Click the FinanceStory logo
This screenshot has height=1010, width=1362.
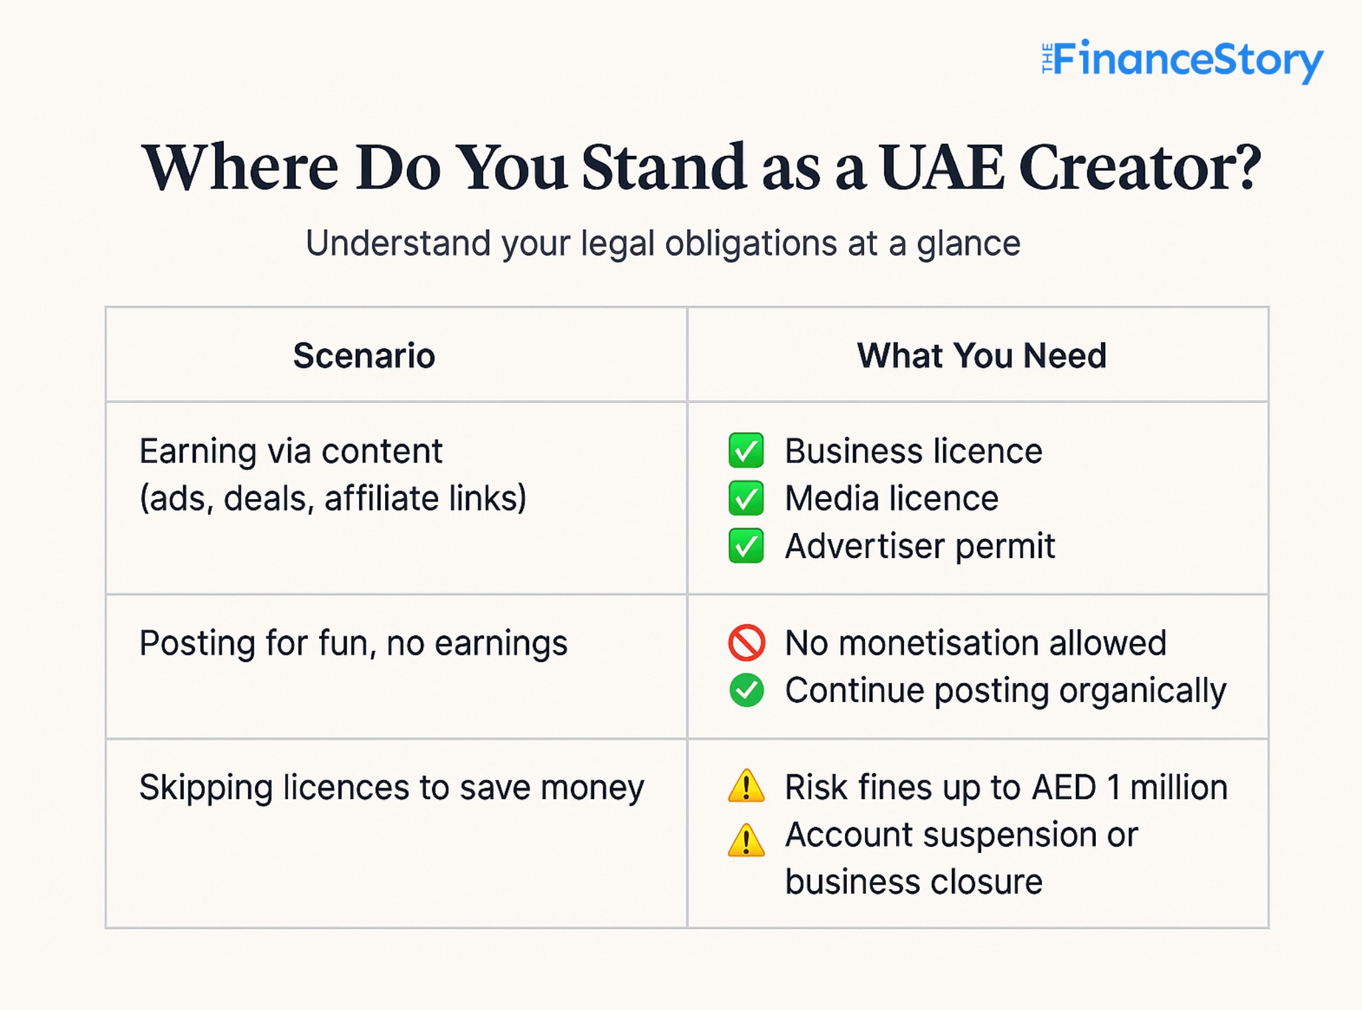pyautogui.click(x=1182, y=61)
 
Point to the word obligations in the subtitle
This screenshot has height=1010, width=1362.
pyautogui.click(x=751, y=244)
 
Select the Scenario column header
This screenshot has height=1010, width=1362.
pyautogui.click(x=364, y=355)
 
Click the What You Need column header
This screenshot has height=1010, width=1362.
pyautogui.click(x=982, y=355)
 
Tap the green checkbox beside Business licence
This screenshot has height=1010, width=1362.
pyautogui.click(x=746, y=451)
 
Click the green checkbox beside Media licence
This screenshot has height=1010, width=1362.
pyautogui.click(x=746, y=498)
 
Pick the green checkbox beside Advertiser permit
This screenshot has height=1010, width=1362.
pyautogui.click(x=746, y=545)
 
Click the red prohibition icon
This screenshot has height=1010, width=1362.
pyautogui.click(x=747, y=642)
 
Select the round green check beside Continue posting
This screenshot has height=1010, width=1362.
pyautogui.click(x=747, y=690)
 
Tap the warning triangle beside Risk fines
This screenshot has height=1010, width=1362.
pyautogui.click(x=747, y=786)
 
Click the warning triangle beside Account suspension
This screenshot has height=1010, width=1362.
pyautogui.click(x=747, y=840)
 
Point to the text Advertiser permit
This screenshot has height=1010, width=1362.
pyautogui.click(x=920, y=547)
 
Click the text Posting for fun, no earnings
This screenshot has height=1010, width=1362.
pyautogui.click(x=353, y=643)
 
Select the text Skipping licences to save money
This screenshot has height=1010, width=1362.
pyautogui.click(x=392, y=788)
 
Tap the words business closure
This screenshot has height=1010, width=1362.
pyautogui.click(x=914, y=882)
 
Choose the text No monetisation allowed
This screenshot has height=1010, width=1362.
pyautogui.click(x=976, y=642)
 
